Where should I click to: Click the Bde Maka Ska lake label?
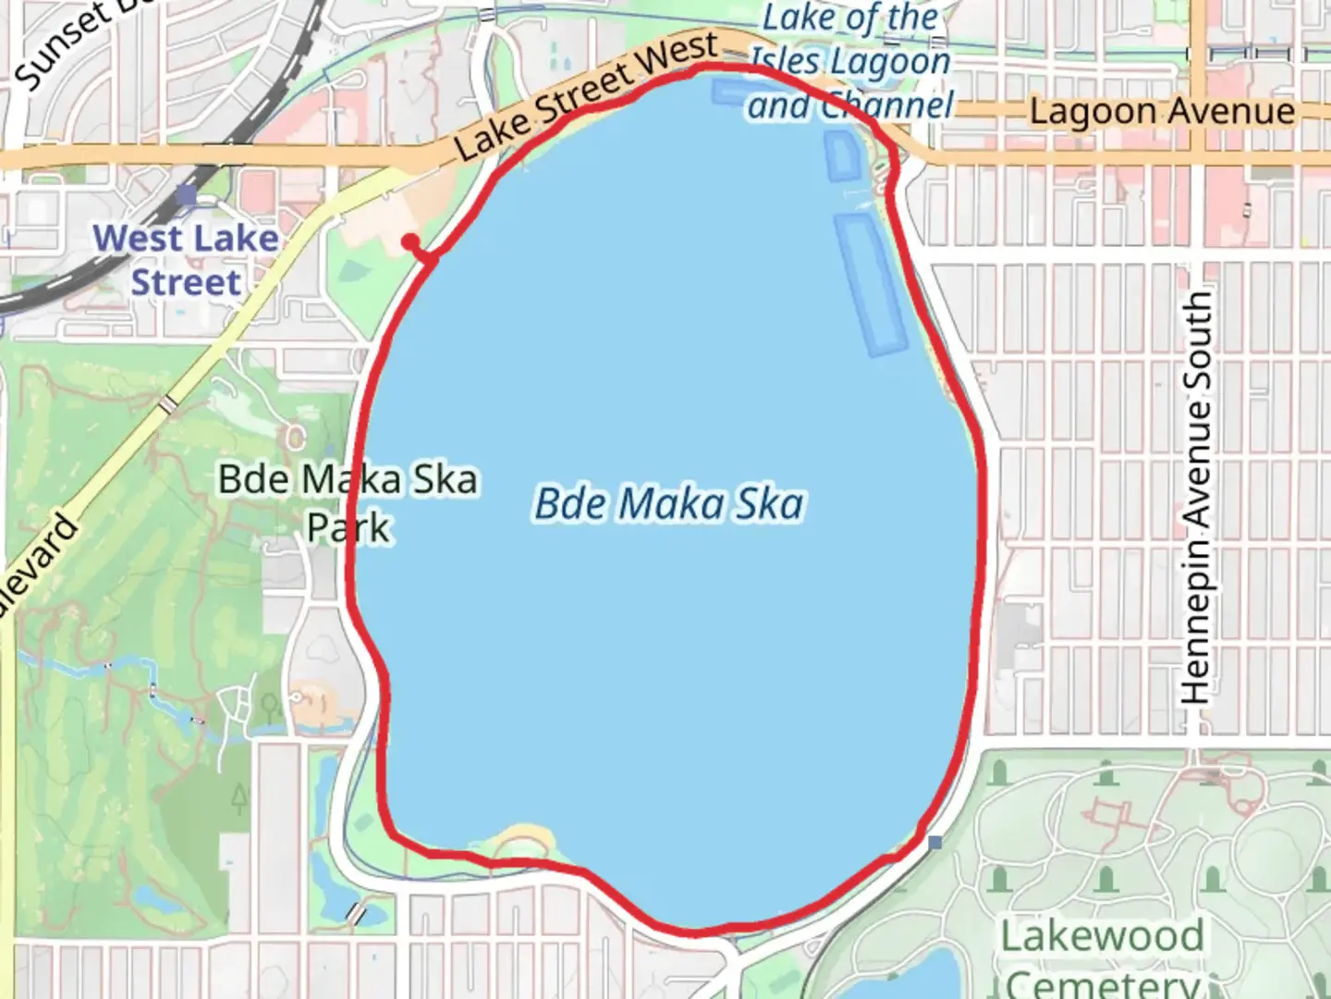pos(669,504)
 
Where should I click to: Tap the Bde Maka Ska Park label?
pos(348,503)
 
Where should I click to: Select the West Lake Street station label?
pos(186,260)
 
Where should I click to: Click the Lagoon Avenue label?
pos(1162,112)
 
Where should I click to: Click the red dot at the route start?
pos(410,242)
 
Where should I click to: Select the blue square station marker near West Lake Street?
pos(187,194)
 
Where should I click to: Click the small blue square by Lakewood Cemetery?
pos(935,843)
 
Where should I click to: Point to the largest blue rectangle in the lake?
pos(870,284)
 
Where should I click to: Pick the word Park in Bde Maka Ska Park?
pos(348,528)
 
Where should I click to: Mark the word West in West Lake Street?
pos(134,239)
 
